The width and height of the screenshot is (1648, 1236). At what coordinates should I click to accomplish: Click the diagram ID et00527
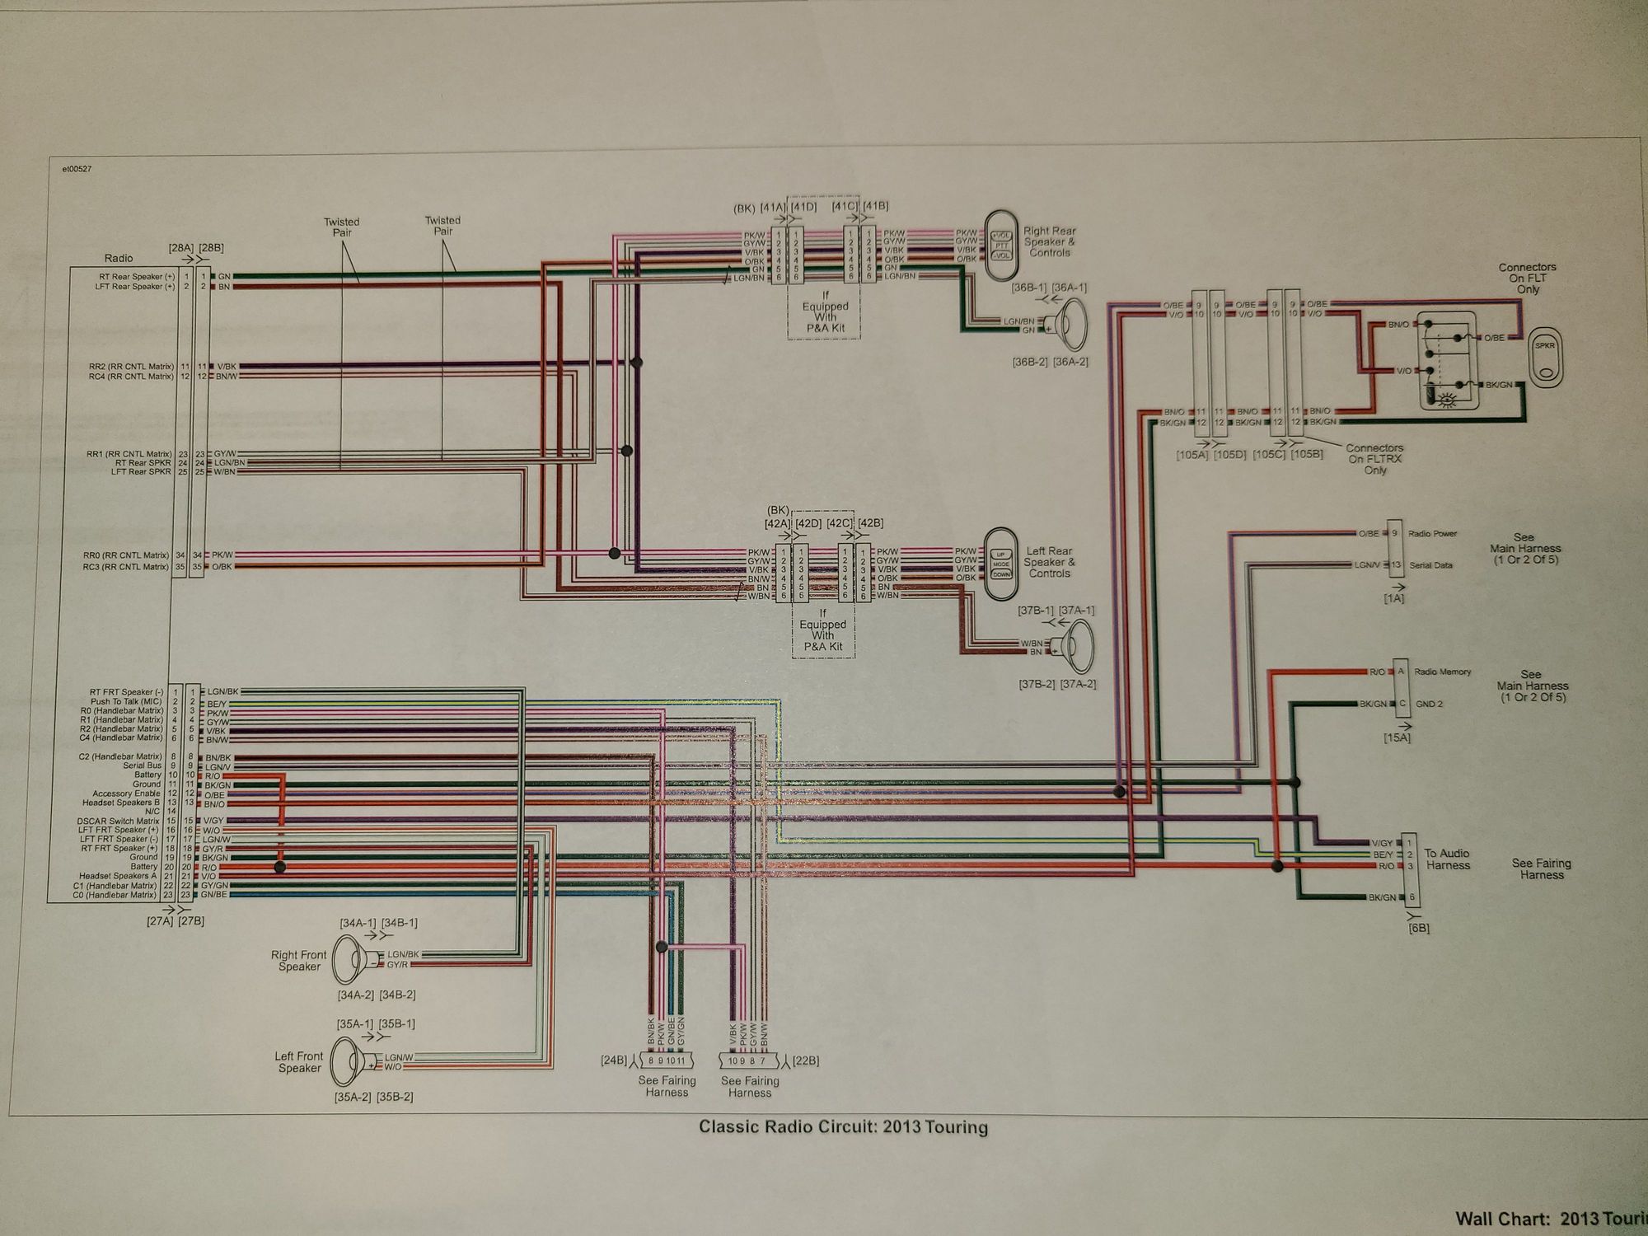pyautogui.click(x=77, y=169)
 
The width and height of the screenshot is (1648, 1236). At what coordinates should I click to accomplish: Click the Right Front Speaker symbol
pyautogui.click(x=352, y=960)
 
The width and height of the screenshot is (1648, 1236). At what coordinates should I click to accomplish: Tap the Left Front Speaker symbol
pyautogui.click(x=350, y=1062)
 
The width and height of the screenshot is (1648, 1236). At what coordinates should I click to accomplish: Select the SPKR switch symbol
pyautogui.click(x=1544, y=356)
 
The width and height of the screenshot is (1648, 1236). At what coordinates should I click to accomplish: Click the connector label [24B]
pyautogui.click(x=614, y=1060)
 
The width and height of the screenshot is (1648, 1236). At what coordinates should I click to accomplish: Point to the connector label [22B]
pyautogui.click(x=805, y=1060)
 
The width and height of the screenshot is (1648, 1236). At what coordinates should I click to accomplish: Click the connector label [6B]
pyautogui.click(x=1418, y=928)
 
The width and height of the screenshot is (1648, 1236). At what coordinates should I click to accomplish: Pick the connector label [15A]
pyautogui.click(x=1398, y=737)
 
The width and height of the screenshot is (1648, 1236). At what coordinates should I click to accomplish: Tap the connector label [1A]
pyautogui.click(x=1393, y=598)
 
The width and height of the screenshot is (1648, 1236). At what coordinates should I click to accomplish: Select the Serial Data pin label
pyautogui.click(x=1430, y=565)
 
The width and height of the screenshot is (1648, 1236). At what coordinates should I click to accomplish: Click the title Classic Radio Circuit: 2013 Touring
pyautogui.click(x=843, y=1127)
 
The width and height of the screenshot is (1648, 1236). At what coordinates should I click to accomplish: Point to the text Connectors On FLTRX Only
pyautogui.click(x=1374, y=459)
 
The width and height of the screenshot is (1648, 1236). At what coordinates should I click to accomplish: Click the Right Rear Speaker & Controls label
pyautogui.click(x=1049, y=241)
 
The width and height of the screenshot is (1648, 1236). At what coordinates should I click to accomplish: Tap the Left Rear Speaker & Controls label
pyautogui.click(x=1049, y=562)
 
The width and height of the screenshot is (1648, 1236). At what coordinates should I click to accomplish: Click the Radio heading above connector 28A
pyautogui.click(x=119, y=258)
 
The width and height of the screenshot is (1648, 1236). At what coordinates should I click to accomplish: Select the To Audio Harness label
pyautogui.click(x=1447, y=859)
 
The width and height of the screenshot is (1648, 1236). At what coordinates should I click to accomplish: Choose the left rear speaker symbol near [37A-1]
pyautogui.click(x=1075, y=646)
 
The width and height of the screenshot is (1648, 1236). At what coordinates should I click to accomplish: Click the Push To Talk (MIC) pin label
pyautogui.click(x=126, y=701)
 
